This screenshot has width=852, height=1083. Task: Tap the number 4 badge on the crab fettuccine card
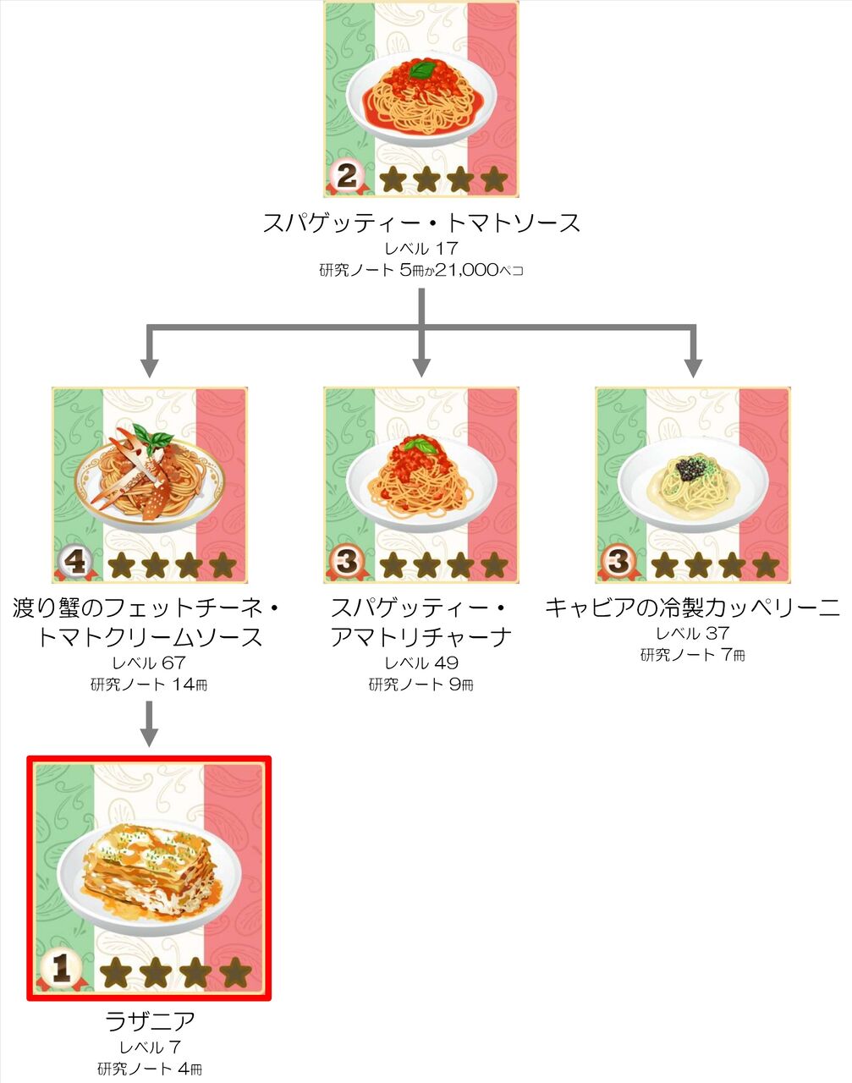point(75,562)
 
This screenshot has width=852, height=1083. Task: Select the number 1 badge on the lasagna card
point(61,970)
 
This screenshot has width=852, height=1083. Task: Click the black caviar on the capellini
point(691,468)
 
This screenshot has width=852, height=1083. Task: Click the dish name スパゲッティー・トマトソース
point(421,223)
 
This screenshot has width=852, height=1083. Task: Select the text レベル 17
point(421,249)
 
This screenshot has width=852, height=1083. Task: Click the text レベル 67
point(149,663)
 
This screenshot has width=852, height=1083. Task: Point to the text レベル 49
point(421,663)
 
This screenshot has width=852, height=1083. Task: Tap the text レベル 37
point(693,633)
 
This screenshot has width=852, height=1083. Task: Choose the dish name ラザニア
point(150,1021)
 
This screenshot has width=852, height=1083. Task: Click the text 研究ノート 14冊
point(149,684)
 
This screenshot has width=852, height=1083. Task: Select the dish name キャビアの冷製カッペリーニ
point(693,607)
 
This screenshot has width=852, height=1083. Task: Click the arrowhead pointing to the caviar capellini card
point(693,367)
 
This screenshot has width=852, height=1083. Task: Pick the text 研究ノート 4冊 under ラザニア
point(150,1069)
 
